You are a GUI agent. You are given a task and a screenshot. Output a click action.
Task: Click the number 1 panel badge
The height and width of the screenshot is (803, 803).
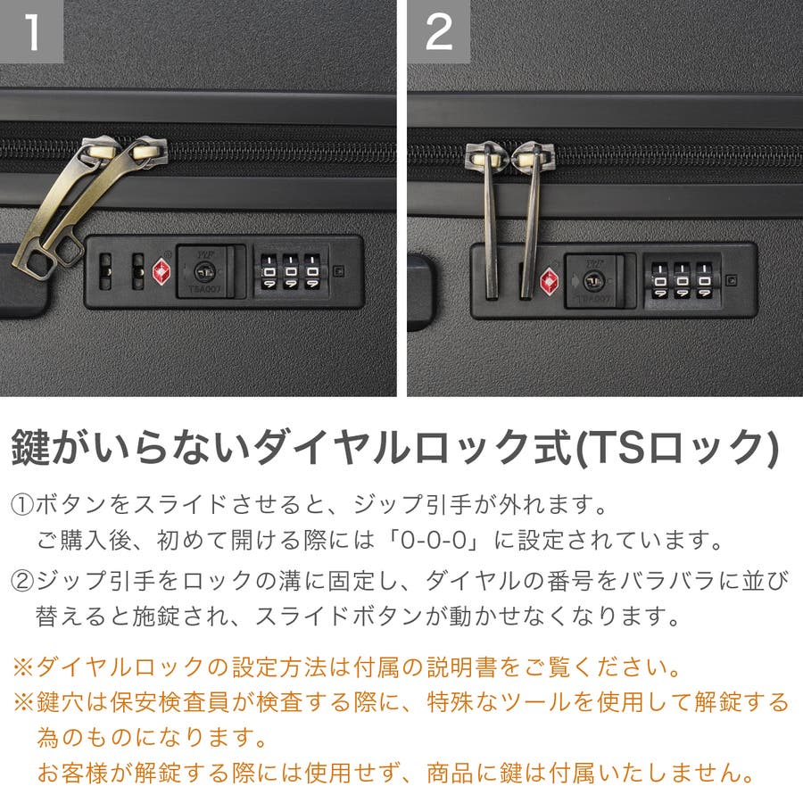[31, 31]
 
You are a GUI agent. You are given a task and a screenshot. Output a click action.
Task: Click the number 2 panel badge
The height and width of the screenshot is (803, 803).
[439, 31]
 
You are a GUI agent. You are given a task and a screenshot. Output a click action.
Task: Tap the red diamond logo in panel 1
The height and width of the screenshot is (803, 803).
[162, 271]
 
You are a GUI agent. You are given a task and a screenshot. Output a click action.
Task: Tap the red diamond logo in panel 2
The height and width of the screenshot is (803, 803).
[550, 281]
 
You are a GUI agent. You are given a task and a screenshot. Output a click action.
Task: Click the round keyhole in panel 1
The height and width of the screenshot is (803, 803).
[205, 271]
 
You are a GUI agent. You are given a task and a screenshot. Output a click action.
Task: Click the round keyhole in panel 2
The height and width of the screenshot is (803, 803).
[593, 281]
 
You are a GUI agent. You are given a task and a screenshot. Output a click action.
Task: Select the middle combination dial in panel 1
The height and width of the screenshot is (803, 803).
[290, 271]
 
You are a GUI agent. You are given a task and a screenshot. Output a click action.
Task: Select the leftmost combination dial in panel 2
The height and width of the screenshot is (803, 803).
[660, 281]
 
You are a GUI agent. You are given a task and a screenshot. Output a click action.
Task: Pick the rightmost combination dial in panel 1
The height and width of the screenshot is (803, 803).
[312, 271]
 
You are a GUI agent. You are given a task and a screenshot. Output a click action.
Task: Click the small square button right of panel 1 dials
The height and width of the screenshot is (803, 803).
[338, 271]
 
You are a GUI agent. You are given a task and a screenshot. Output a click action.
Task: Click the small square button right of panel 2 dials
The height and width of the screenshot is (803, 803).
[732, 280]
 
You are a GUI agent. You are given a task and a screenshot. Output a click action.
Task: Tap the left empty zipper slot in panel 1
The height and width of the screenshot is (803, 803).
[105, 271]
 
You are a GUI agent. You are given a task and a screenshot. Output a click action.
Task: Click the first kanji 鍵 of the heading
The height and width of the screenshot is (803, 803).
[30, 447]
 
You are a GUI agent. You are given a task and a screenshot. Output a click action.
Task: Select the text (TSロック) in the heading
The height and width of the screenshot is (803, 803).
[677, 448]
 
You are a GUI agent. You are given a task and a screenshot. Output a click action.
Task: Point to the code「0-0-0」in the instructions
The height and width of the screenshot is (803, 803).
[434, 540]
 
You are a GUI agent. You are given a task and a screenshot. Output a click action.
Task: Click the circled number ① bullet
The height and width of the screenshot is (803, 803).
[22, 506]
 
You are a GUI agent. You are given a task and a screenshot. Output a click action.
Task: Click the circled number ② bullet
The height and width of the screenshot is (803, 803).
[22, 581]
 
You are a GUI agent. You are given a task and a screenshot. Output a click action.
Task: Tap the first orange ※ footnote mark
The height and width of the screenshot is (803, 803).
[23, 667]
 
